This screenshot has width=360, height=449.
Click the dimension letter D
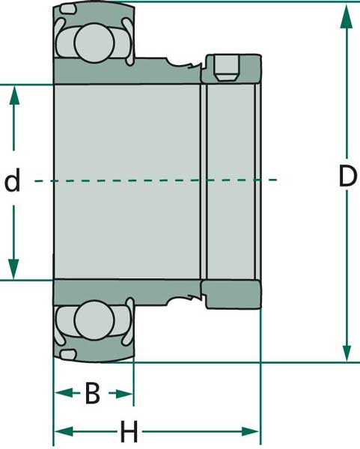click(x=347, y=177)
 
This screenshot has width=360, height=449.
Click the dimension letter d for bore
click(x=13, y=182)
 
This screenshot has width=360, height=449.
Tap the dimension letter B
click(x=92, y=393)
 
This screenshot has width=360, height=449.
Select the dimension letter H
click(x=129, y=432)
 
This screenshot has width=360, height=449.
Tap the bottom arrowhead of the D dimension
click(x=346, y=352)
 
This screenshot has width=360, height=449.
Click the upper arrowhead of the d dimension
click(x=13, y=94)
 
